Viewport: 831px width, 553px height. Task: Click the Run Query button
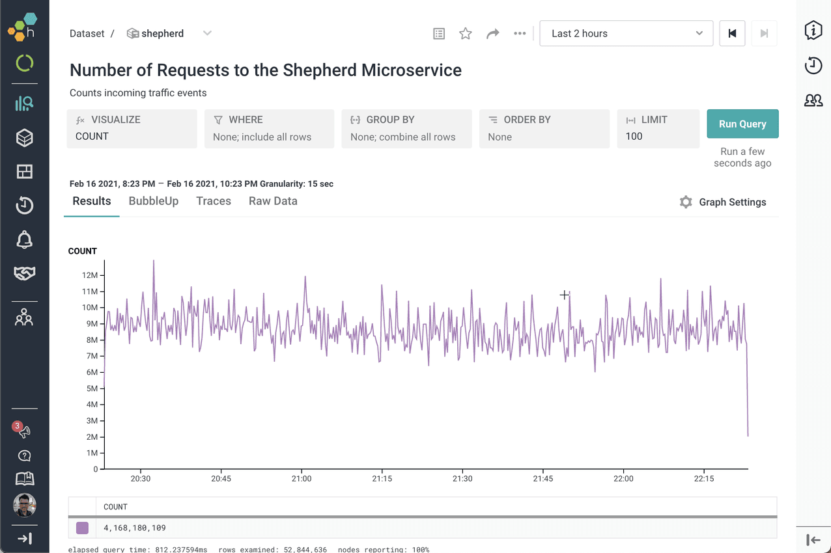click(742, 124)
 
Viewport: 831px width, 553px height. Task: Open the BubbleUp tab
click(154, 201)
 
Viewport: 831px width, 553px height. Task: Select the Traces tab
click(214, 201)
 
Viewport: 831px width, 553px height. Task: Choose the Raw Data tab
click(273, 201)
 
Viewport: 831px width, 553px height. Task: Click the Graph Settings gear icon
click(686, 202)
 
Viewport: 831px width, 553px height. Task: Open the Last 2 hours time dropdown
click(626, 33)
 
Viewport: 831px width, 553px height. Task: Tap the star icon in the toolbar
click(465, 33)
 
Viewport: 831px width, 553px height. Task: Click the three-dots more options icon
click(520, 33)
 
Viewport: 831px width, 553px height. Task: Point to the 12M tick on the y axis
click(91, 276)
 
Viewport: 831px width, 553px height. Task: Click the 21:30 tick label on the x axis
click(462, 479)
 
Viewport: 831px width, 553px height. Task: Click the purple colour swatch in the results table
click(82, 528)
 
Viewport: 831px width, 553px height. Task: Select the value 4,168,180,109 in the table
click(135, 528)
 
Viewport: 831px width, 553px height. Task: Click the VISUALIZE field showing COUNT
click(132, 129)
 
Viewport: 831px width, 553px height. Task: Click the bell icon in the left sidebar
click(24, 239)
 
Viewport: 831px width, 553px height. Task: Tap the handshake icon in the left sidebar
click(24, 273)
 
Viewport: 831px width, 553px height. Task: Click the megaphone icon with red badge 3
click(23, 430)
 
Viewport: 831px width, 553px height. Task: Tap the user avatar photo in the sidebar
click(24, 505)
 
